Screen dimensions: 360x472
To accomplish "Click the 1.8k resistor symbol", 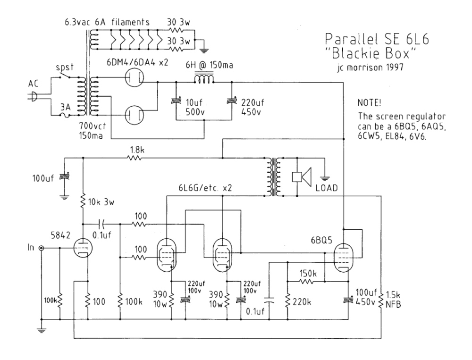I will (x=135, y=158).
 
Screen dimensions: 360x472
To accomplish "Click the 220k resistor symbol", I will (x=287, y=301).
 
